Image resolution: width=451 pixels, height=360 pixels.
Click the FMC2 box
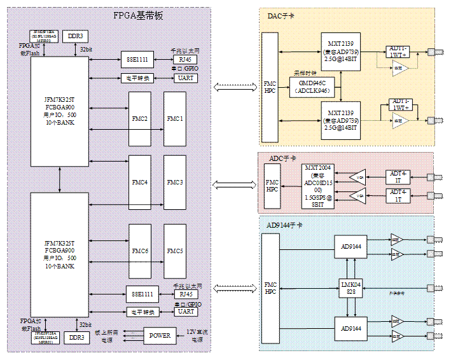tap(140, 119)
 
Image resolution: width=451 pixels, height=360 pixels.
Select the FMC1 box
tap(175, 119)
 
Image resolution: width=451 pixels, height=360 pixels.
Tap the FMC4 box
tap(140, 183)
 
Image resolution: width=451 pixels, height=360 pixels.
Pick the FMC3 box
tap(175, 183)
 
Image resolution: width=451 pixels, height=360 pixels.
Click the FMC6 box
tap(140, 251)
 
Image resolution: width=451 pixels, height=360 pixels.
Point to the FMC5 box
tap(175, 251)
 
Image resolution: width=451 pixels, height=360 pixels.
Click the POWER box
tap(160, 335)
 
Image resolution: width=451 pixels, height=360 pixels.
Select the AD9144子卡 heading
tap(284, 225)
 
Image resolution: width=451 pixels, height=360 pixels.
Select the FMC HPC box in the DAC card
tap(270, 87)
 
